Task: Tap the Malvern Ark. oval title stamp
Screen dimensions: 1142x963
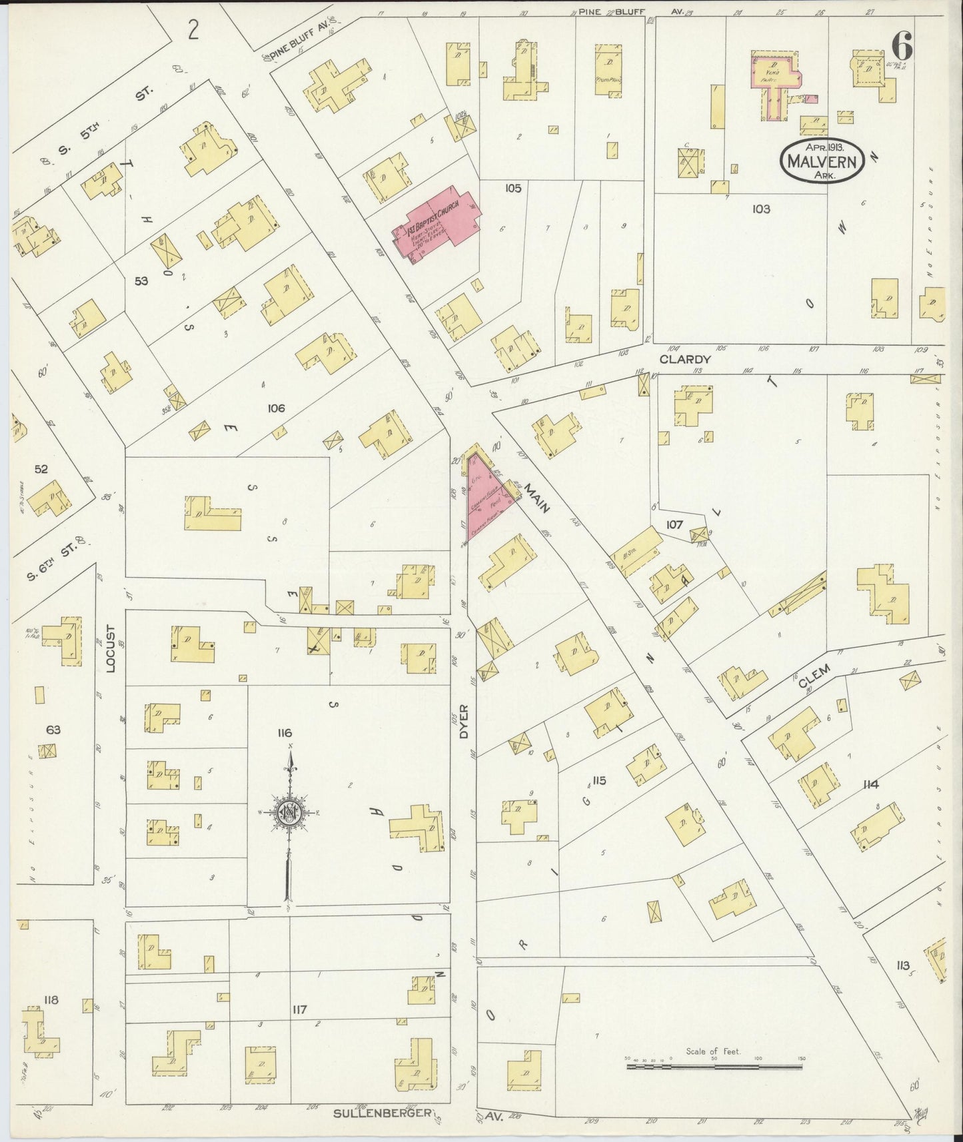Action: pos(824,161)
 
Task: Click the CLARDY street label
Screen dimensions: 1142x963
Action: pos(686,359)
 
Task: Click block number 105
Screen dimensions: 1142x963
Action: pos(512,189)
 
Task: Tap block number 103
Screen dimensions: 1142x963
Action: pos(761,209)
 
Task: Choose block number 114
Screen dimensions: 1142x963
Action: pos(870,784)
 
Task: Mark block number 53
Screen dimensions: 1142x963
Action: pos(141,281)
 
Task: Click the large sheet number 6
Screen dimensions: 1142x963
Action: pos(902,47)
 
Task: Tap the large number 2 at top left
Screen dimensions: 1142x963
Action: pos(193,30)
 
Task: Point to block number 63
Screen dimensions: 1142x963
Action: pos(53,730)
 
